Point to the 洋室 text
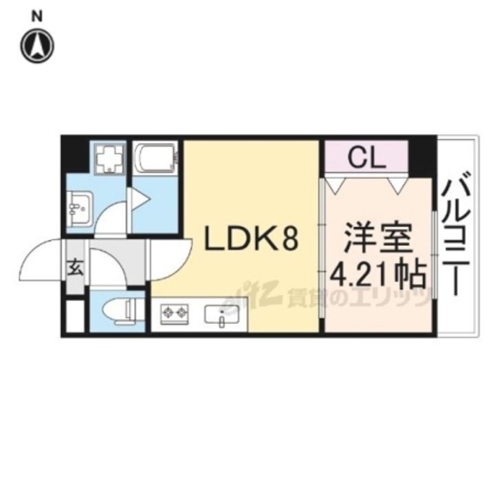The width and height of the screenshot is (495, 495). pyautogui.click(x=377, y=241)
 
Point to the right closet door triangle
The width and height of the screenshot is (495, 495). pyautogui.click(x=397, y=185)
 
